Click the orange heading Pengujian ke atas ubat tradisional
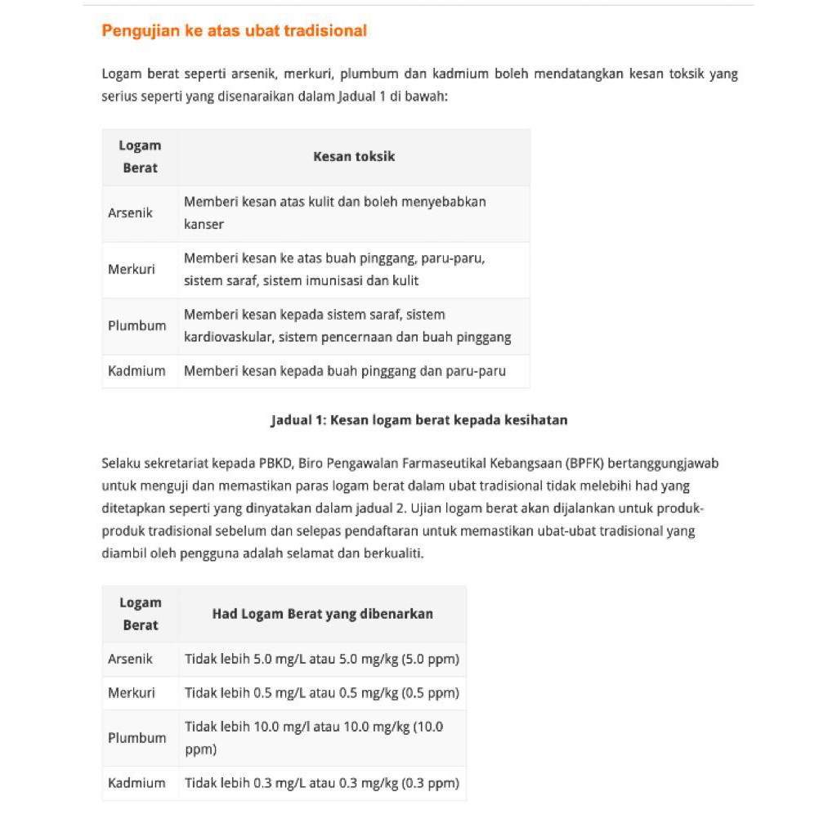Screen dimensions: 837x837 [x=234, y=31]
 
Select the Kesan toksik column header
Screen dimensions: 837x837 [x=353, y=156]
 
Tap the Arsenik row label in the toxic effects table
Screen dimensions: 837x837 [x=130, y=213]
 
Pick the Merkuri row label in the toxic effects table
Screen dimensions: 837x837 [x=132, y=269]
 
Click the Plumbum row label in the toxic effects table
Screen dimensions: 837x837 [x=137, y=325]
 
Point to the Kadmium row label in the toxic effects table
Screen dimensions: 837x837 [x=137, y=370]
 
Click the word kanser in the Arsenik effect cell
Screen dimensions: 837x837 [x=204, y=224]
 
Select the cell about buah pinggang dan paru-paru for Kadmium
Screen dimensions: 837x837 [x=344, y=370]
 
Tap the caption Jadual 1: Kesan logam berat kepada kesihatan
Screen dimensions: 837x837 [x=418, y=420]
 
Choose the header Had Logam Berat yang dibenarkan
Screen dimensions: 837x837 [x=322, y=614]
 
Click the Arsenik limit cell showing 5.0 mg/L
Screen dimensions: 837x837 [x=321, y=659]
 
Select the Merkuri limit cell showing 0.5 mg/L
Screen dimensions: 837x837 [x=321, y=692]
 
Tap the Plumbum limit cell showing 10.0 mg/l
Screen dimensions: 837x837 [x=314, y=737]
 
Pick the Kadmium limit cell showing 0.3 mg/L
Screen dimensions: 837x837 [x=321, y=782]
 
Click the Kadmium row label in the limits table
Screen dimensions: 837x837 [x=137, y=782]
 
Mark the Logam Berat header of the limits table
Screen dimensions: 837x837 [x=140, y=614]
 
